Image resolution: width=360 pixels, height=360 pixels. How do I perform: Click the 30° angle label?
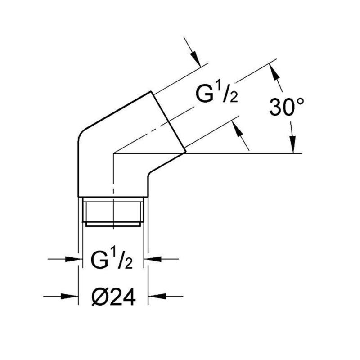(x=287, y=107)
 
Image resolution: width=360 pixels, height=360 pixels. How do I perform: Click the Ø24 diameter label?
(x=114, y=297)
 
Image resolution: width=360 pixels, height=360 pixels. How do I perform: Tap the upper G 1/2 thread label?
(x=217, y=93)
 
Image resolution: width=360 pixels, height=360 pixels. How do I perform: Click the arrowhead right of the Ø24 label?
(x=157, y=296)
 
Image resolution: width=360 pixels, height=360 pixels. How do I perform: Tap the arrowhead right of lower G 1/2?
(x=153, y=259)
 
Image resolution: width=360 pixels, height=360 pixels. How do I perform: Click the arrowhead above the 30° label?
(x=274, y=72)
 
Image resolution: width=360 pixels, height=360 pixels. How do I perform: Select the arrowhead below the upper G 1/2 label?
(x=237, y=130)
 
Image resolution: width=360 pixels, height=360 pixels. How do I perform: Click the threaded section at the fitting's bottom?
(x=113, y=211)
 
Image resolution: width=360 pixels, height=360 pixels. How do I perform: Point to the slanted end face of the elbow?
(x=168, y=121)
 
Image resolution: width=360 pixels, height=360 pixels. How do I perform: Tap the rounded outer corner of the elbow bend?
(x=82, y=134)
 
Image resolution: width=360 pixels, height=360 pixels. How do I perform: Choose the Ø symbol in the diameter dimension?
(x=100, y=297)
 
